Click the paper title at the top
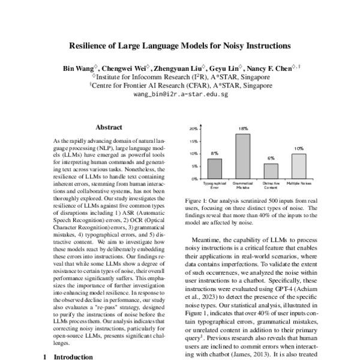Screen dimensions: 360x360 (x=181, y=45)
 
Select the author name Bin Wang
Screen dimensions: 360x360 (x=80, y=67)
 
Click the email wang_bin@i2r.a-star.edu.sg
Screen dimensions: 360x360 (x=181, y=94)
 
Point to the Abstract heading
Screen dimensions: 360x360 (x=109, y=127)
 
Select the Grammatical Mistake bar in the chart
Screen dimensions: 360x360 (x=226, y=156)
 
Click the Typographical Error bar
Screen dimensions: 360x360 (x=198, y=169)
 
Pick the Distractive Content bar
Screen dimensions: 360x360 (x=254, y=171)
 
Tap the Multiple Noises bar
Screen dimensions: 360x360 (x=282, y=166)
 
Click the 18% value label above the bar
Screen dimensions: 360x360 (x=226, y=129)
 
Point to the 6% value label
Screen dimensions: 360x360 (x=254, y=158)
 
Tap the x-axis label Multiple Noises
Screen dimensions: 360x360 (x=282, y=182)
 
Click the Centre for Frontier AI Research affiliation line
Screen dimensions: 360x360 (x=181, y=85)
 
